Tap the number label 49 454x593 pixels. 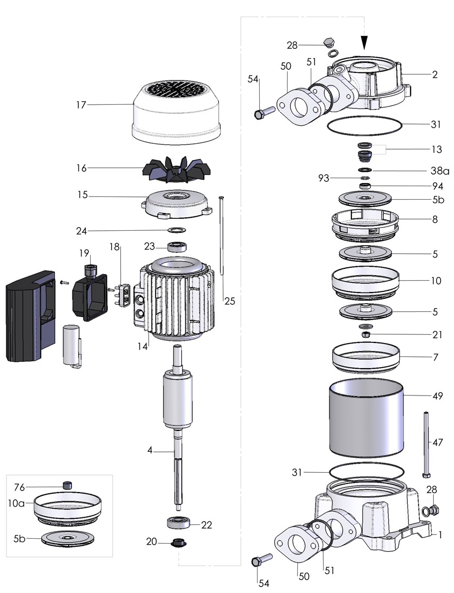pyautogui.click(x=437, y=397)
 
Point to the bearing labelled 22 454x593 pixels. pyautogui.click(x=177, y=523)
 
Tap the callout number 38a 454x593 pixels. pyautogui.click(x=440, y=171)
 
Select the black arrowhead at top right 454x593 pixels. pyautogui.click(x=365, y=42)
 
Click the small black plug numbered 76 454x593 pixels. pyautogui.click(x=68, y=485)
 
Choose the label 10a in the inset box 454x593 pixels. pyautogui.click(x=17, y=503)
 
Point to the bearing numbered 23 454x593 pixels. pyautogui.click(x=177, y=247)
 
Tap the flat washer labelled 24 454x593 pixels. pyautogui.click(x=175, y=230)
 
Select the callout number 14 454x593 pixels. pyautogui.click(x=142, y=347)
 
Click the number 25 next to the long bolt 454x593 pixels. pyautogui.click(x=230, y=301)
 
